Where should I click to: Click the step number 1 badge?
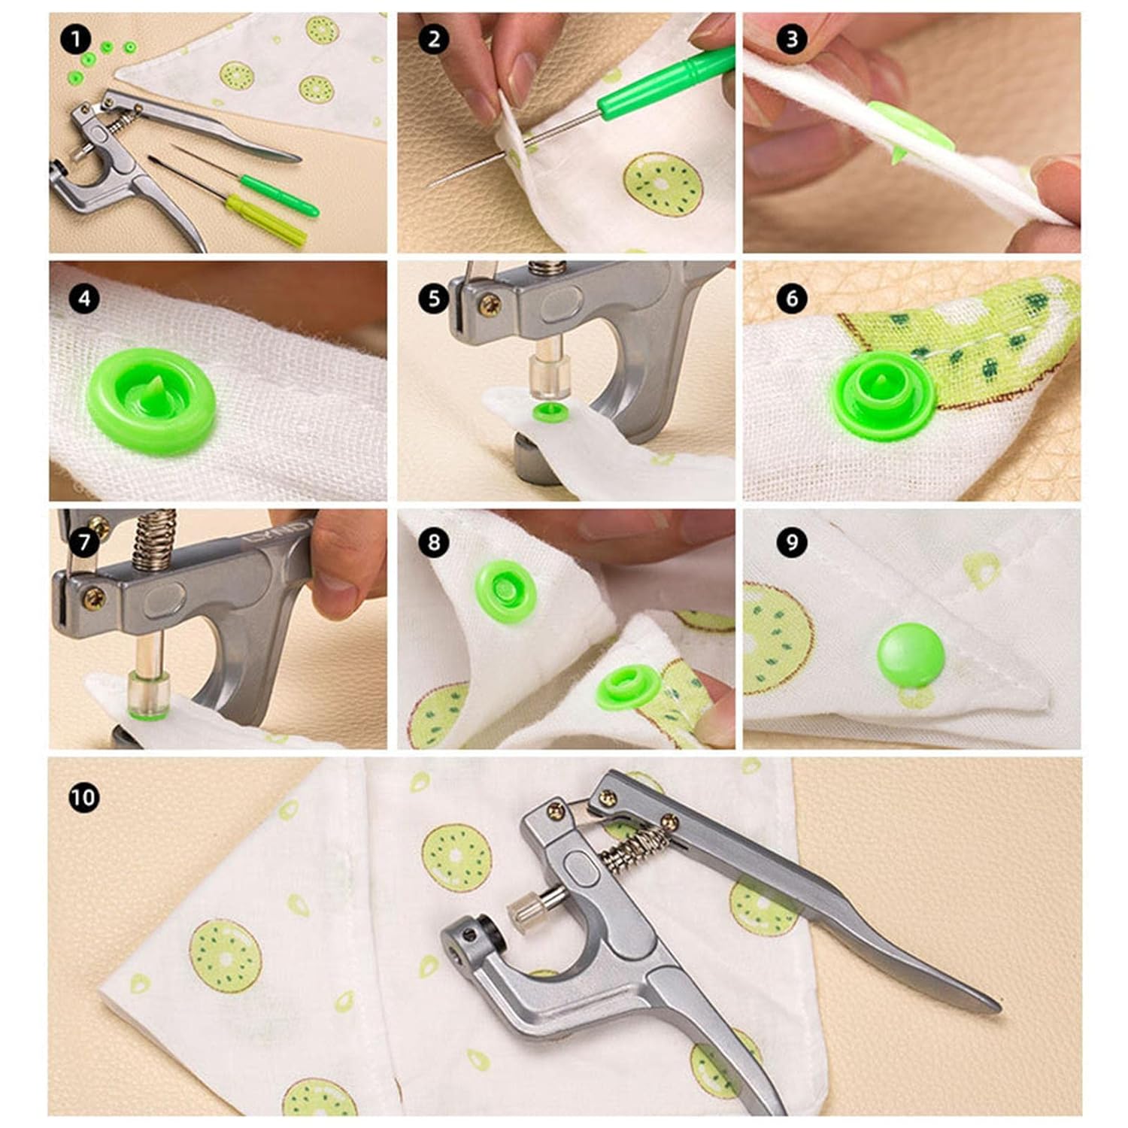pyautogui.click(x=75, y=38)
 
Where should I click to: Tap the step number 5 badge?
pyautogui.click(x=434, y=298)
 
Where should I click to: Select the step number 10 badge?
pyautogui.click(x=83, y=796)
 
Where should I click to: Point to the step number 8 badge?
pyautogui.click(x=434, y=542)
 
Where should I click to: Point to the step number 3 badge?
pyautogui.click(x=791, y=38)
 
